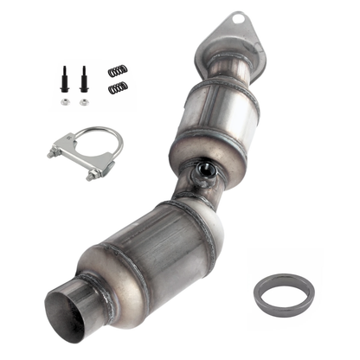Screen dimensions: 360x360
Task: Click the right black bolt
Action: (x=84, y=82)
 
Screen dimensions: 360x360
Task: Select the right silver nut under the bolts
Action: (x=84, y=102)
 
